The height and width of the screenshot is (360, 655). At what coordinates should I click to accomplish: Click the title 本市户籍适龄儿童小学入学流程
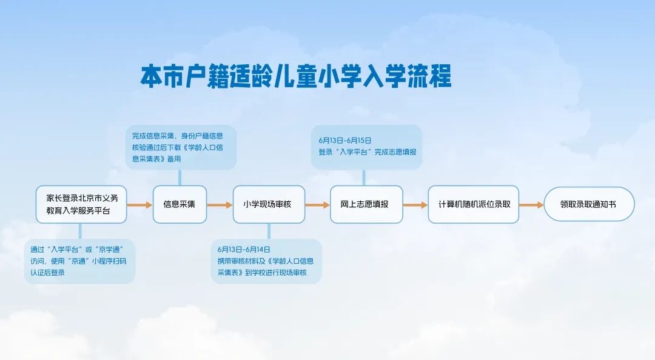(x=296, y=78)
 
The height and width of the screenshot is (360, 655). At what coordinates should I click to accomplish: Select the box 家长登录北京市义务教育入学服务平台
(x=81, y=204)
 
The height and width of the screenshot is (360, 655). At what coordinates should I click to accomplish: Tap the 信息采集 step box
(x=180, y=204)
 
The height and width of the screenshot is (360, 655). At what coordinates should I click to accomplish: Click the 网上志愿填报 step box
(x=364, y=204)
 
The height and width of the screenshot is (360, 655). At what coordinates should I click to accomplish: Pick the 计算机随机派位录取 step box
(x=474, y=204)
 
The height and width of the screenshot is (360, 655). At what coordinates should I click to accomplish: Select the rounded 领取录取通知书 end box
(x=589, y=204)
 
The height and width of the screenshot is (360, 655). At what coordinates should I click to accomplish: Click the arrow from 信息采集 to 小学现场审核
(x=220, y=205)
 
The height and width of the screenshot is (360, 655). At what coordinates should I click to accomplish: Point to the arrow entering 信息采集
(x=139, y=205)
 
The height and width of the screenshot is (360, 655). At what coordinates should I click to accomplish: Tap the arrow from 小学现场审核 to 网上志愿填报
(x=317, y=205)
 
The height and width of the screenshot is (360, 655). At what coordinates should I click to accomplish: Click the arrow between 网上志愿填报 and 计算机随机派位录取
(x=415, y=205)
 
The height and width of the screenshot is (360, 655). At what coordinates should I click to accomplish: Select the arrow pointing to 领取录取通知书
(x=531, y=205)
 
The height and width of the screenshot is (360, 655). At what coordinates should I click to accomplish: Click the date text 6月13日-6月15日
(x=345, y=140)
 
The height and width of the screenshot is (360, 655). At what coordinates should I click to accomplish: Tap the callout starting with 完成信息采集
(x=181, y=147)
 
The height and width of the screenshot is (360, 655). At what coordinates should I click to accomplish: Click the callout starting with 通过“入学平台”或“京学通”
(x=79, y=261)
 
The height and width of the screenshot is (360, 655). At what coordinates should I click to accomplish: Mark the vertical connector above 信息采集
(x=180, y=177)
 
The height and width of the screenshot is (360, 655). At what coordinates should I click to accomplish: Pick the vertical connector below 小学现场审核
(x=269, y=232)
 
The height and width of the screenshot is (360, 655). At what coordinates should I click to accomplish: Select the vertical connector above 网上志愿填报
(x=364, y=177)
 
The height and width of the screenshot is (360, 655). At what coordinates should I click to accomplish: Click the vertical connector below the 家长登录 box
(x=81, y=232)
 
